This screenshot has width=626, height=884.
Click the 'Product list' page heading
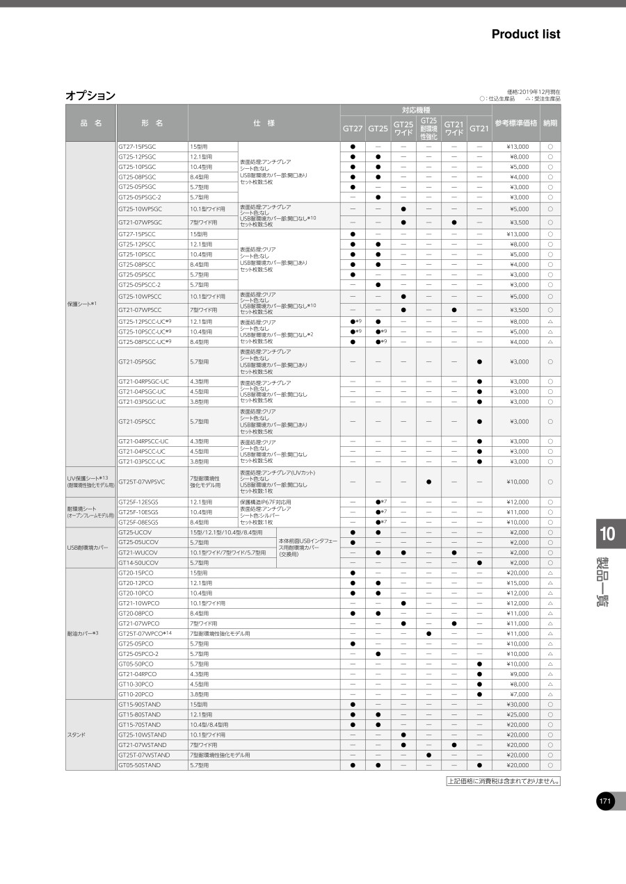coord(525,34)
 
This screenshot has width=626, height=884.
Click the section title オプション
coord(90,96)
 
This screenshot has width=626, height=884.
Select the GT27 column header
coord(353,129)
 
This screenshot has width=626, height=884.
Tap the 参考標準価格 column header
coord(515,123)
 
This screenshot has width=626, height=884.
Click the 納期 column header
coord(550,123)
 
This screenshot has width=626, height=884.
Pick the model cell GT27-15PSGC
coord(137,147)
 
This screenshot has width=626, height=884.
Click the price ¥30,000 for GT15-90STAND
coord(517,705)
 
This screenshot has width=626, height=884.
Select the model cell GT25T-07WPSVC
coord(142,482)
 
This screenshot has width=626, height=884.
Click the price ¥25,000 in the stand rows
coord(517,714)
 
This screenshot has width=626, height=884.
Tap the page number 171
coord(605,801)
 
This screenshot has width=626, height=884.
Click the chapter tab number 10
coord(607,534)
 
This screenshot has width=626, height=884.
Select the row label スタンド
coord(77,735)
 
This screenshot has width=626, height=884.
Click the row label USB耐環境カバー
coord(88,548)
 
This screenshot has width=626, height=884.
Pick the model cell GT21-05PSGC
coord(137,361)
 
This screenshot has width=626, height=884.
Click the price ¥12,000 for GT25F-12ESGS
coord(517,502)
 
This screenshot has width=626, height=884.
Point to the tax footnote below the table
coord(504,781)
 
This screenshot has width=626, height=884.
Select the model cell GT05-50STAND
coord(139,765)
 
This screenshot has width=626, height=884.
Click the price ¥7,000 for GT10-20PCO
coord(519,694)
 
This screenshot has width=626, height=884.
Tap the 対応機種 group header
coord(416,110)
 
